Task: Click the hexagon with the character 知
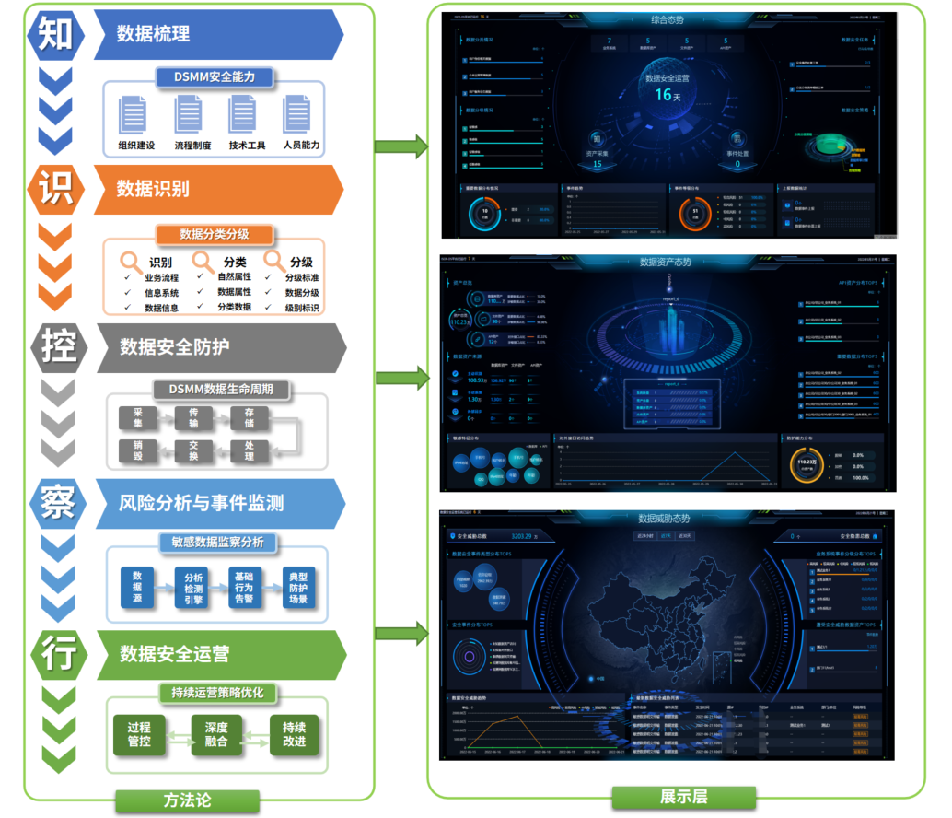[x=56, y=34]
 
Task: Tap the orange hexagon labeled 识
[x=56, y=190]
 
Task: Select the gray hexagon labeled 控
[x=56, y=347]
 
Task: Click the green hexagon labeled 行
[x=56, y=653]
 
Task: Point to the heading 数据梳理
[x=153, y=34]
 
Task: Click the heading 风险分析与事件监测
[x=201, y=502]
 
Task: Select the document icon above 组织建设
[x=135, y=116]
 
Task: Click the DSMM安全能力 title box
[x=215, y=76]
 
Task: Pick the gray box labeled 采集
[x=137, y=417]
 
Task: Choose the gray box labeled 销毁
[x=137, y=450]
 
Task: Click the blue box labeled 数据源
[x=137, y=588]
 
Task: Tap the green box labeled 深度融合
[x=215, y=733]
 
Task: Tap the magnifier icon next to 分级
[x=273, y=261]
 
